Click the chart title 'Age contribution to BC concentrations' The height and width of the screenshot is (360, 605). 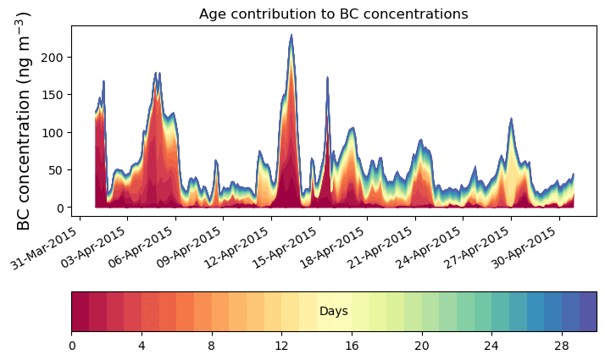(333, 14)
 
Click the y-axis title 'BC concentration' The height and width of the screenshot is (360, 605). (24, 121)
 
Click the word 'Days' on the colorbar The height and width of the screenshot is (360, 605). (333, 312)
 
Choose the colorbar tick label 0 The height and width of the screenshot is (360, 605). (72, 346)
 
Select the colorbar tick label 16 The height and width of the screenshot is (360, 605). (352, 346)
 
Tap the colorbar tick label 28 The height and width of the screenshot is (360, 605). (561, 346)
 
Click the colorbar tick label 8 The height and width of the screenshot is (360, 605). (212, 346)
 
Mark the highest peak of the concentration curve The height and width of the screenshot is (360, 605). (291, 36)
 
